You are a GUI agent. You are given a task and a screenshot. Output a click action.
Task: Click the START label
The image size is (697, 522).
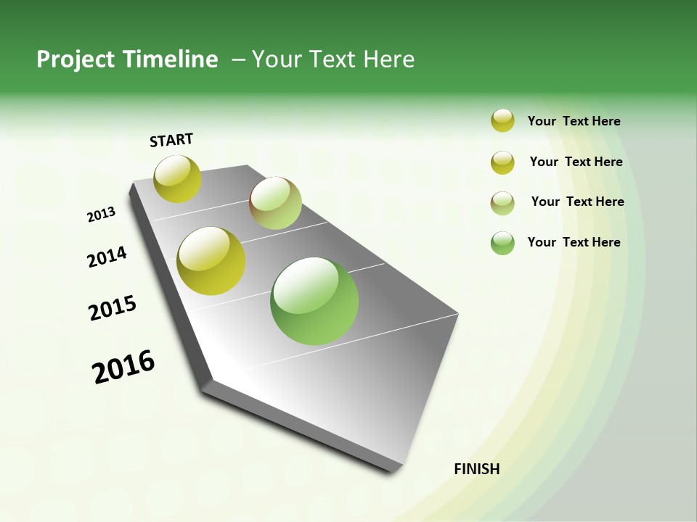pyautogui.click(x=171, y=140)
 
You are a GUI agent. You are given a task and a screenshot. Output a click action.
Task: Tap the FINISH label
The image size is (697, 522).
pyautogui.click(x=476, y=469)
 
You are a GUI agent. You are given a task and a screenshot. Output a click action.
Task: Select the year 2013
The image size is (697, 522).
pyautogui.click(x=101, y=215)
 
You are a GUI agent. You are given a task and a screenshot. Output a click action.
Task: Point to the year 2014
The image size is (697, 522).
pyautogui.click(x=107, y=257)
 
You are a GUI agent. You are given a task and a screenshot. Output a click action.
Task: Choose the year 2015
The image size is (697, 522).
pyautogui.click(x=113, y=308)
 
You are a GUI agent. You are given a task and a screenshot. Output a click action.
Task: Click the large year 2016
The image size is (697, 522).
pyautogui.click(x=123, y=367)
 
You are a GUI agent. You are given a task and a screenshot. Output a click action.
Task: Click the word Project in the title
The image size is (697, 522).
pyautogui.click(x=76, y=59)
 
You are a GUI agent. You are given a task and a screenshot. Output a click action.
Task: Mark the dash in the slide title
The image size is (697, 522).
pyautogui.click(x=238, y=59)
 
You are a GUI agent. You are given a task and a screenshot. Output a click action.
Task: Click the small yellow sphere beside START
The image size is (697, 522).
pyautogui.click(x=178, y=178)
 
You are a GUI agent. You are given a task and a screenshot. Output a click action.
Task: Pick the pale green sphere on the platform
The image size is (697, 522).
pyautogui.click(x=275, y=203)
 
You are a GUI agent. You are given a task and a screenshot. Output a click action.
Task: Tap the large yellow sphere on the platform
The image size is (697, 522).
pyautogui.click(x=211, y=261)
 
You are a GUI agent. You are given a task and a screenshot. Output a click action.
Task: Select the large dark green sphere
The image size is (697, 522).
pyautogui.click(x=314, y=301)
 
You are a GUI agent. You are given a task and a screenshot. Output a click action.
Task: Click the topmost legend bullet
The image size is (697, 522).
pyautogui.click(x=502, y=120)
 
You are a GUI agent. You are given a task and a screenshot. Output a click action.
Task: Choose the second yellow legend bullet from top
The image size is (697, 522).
pyautogui.click(x=502, y=162)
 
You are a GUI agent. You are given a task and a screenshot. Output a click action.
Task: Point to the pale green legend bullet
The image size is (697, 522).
pyautogui.click(x=502, y=203)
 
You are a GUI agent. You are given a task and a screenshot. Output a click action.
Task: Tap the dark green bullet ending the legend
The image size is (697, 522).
pyautogui.click(x=502, y=243)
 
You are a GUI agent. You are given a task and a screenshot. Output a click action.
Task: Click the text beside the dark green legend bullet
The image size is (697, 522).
pyautogui.click(x=574, y=242)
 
